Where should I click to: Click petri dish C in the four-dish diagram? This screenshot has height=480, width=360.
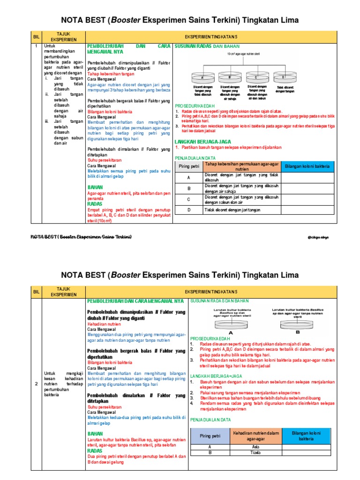[x=256, y=76]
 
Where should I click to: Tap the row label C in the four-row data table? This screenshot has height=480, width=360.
[x=188, y=199]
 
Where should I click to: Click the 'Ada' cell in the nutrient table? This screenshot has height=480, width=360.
[x=255, y=447]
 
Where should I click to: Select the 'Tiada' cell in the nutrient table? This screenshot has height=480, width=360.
[x=255, y=453]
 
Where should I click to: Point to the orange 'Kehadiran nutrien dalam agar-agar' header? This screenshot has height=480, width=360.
[x=255, y=435]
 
